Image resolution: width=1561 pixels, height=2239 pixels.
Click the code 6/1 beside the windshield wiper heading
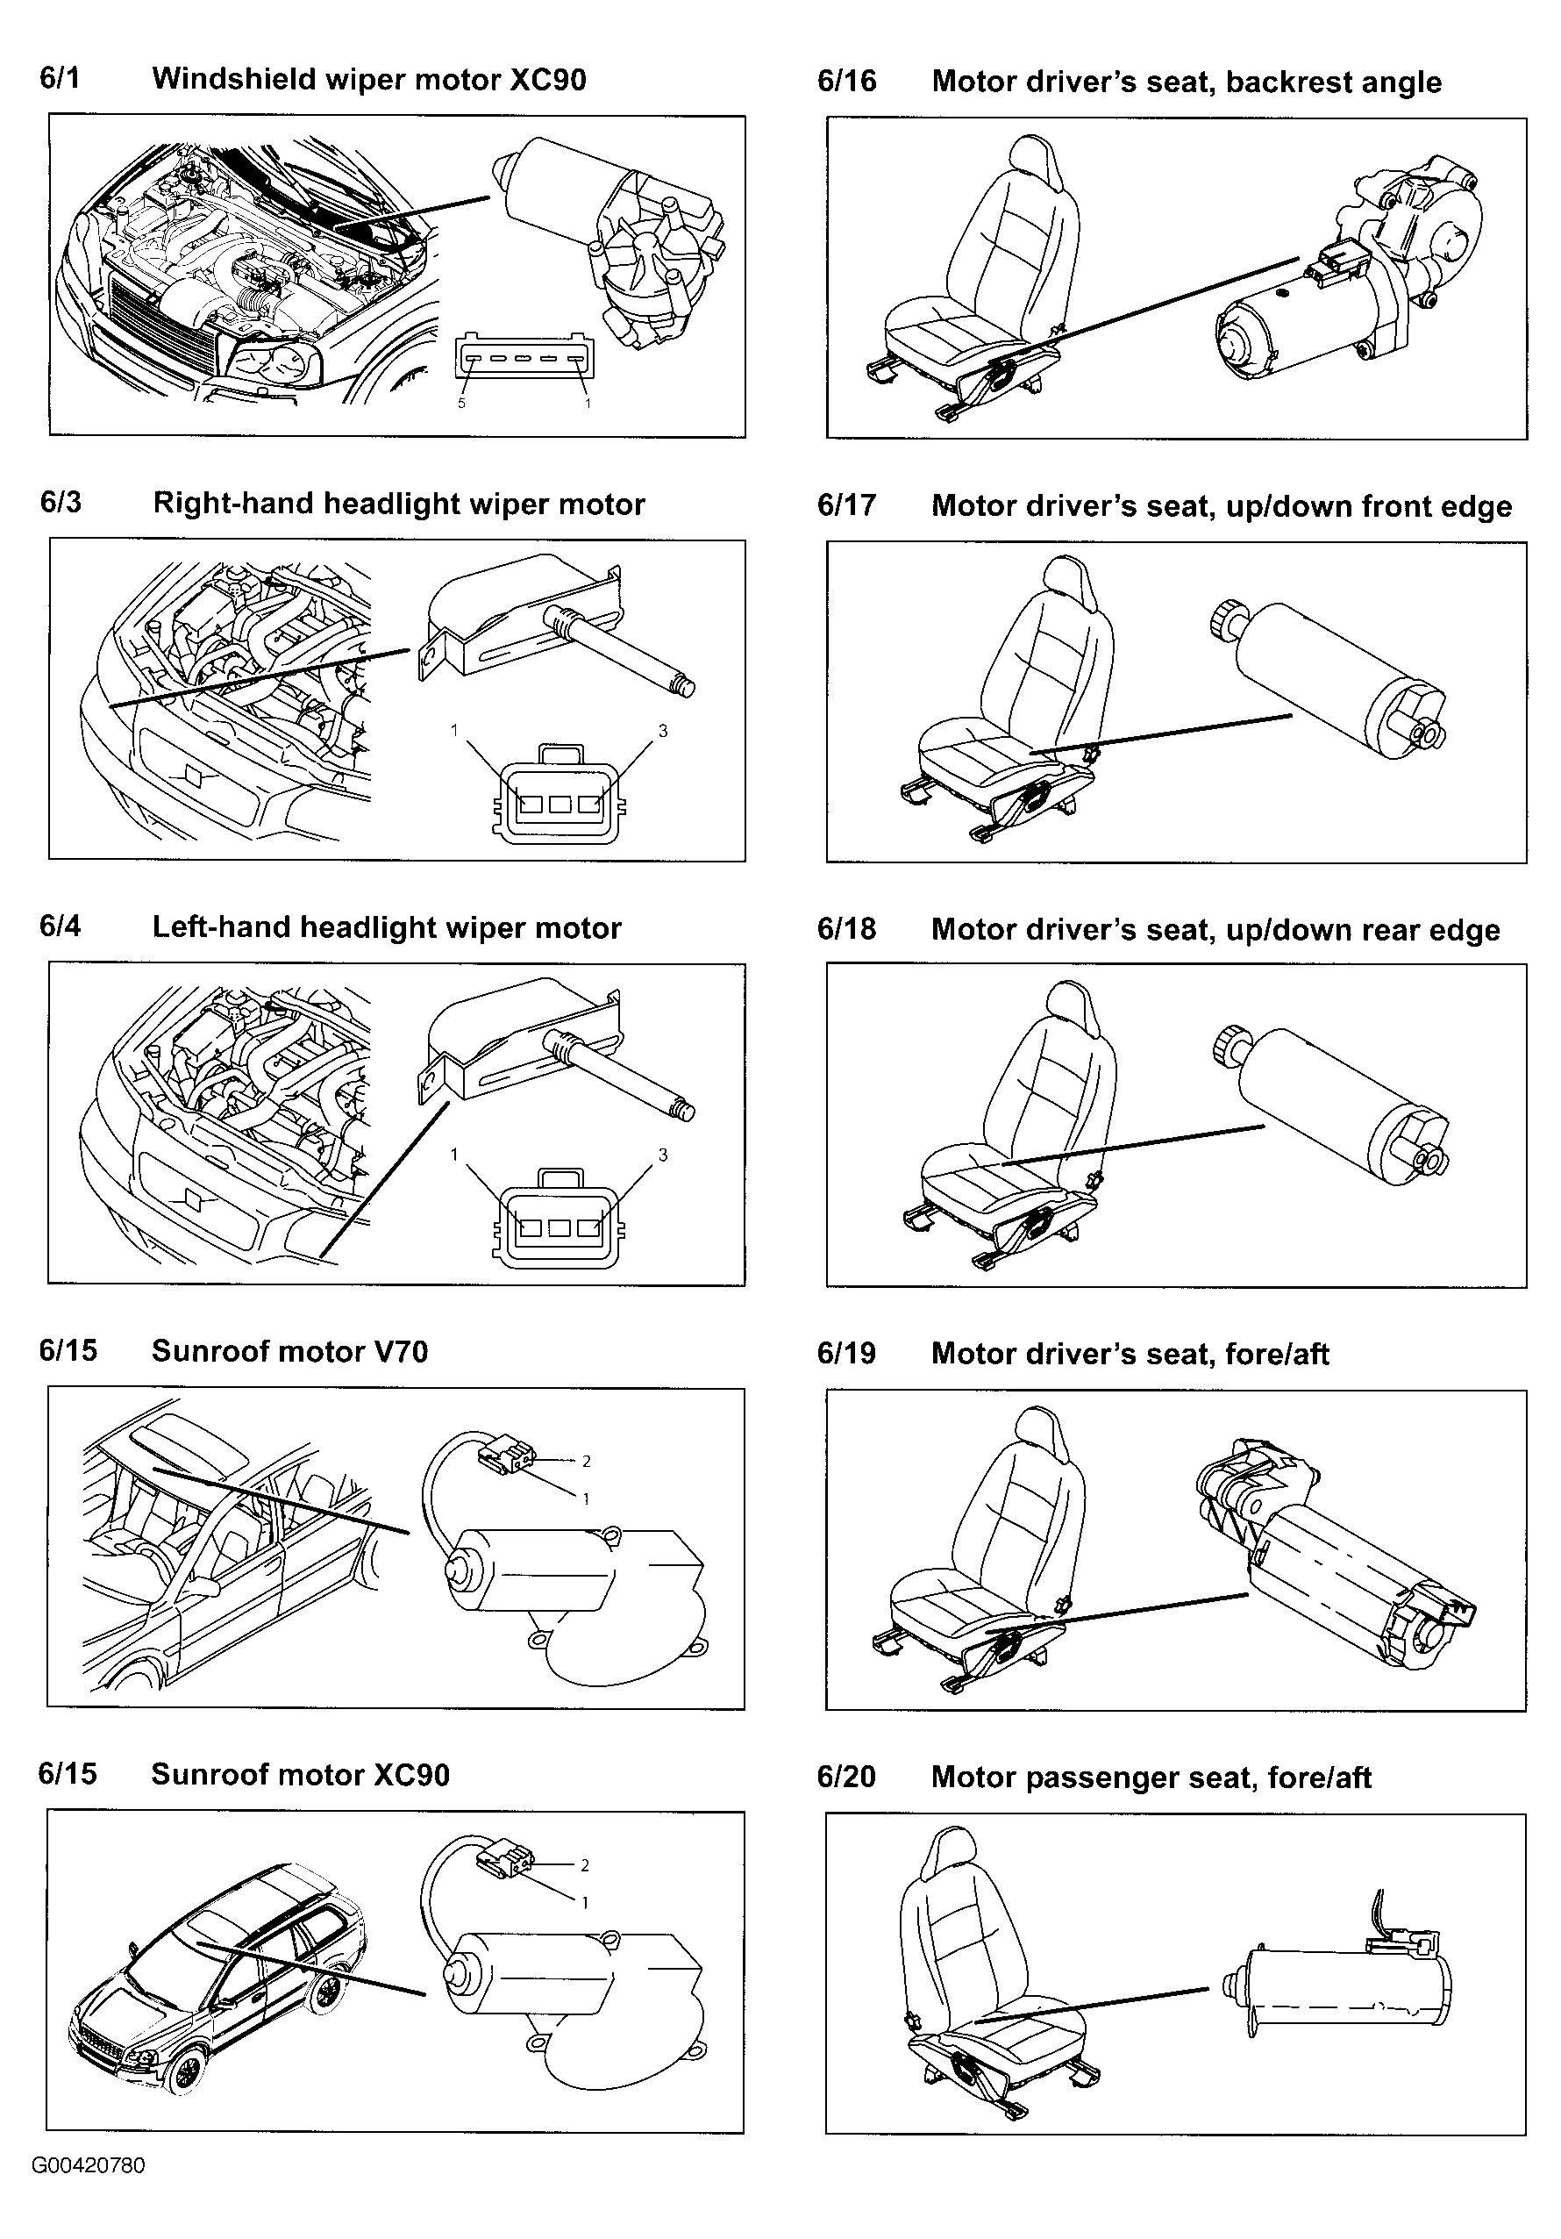(x=60, y=78)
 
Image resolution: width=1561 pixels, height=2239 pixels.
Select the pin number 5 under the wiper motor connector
(x=462, y=403)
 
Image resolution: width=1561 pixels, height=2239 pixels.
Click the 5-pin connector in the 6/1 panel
(x=524, y=358)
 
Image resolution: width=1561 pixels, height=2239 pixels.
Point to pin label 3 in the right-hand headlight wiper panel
(x=663, y=731)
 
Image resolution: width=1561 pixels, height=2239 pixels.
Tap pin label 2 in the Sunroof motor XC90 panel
(x=585, y=1865)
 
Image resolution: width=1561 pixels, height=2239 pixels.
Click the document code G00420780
(x=89, y=2193)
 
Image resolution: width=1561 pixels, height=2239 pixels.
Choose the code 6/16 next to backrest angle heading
(x=846, y=81)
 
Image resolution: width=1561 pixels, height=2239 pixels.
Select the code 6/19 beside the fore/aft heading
(x=846, y=1354)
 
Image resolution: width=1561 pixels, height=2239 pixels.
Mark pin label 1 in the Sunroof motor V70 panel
(x=586, y=1499)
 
